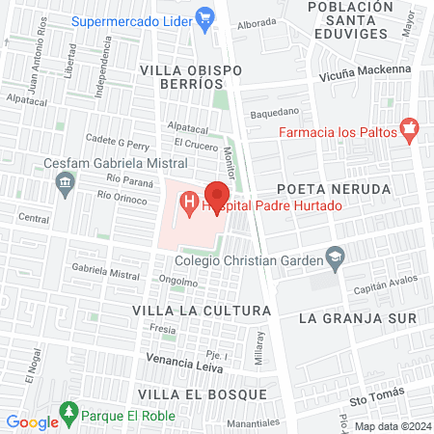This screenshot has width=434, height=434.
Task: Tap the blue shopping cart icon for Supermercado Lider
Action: (203, 16)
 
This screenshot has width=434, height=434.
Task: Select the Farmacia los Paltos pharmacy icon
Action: (409, 131)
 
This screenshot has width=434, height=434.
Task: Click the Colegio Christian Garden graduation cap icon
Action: (335, 257)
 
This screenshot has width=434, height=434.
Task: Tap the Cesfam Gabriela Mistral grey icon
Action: (66, 182)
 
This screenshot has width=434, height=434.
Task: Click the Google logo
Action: (32, 421)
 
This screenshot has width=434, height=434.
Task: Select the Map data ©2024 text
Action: (393, 426)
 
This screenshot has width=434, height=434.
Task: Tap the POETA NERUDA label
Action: (346, 188)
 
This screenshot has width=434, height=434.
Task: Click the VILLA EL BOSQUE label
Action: (193, 394)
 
